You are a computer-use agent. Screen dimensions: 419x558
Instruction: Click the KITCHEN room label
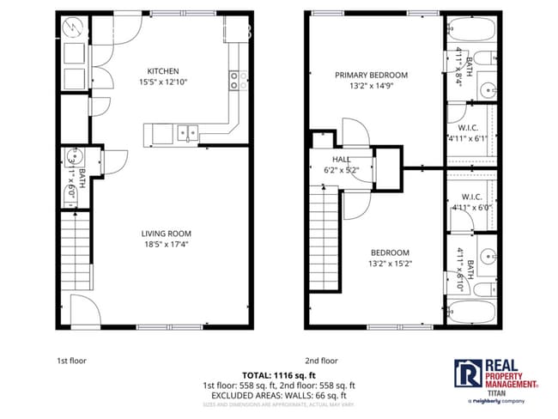click(162, 70)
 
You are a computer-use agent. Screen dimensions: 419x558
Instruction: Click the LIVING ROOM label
click(167, 233)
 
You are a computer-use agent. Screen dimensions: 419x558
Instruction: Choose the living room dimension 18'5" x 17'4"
click(167, 245)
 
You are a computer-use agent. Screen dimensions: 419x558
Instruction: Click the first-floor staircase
click(75, 249)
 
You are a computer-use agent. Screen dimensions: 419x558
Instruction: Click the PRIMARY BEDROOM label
click(371, 75)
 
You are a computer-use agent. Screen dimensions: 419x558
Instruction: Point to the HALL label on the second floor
click(341, 159)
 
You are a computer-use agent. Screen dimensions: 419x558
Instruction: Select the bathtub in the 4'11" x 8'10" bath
click(470, 308)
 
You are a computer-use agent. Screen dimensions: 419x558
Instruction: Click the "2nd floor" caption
click(321, 361)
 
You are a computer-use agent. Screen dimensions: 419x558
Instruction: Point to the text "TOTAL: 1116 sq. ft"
click(278, 376)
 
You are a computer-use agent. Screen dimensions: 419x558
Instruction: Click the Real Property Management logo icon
click(468, 373)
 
